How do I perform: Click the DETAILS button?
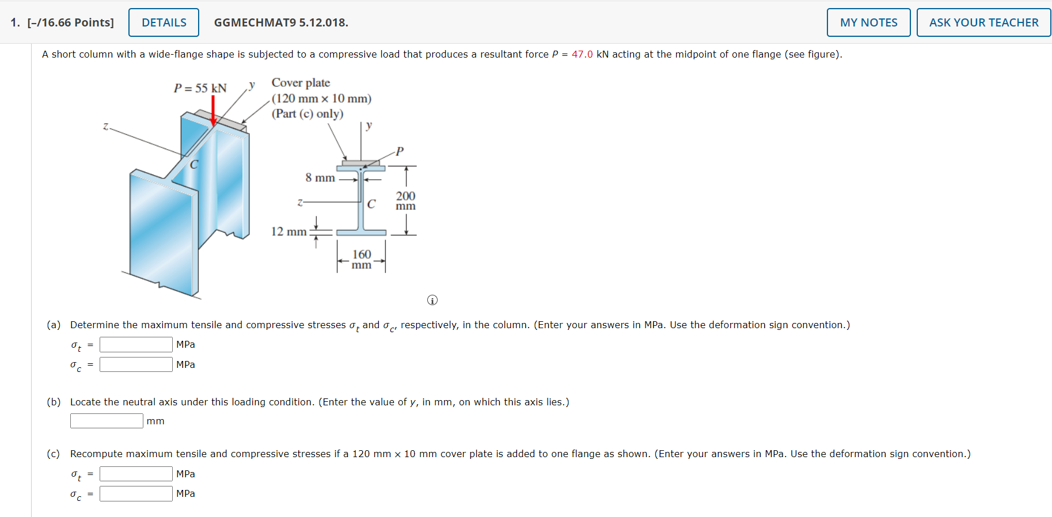pos(164,22)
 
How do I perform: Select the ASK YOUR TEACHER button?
pos(983,22)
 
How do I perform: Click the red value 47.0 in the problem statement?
pos(582,54)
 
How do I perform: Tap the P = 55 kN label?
pos(200,88)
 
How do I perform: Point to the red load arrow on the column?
pos(213,110)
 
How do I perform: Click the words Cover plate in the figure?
pos(301,83)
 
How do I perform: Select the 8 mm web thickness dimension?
pos(320,178)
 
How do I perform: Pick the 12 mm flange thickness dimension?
pos(289,231)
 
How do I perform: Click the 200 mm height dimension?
pos(405,200)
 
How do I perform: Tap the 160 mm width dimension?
pos(362,259)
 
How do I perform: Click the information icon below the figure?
pos(432,300)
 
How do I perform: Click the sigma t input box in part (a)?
pos(136,344)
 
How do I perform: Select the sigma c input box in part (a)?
pos(136,364)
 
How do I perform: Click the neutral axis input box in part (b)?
pos(107,421)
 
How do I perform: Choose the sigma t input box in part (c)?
pos(136,474)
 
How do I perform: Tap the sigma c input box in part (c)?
pos(136,493)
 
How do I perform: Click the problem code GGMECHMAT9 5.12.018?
pos(281,22)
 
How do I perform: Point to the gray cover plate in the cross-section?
pos(361,163)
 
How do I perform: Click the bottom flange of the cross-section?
pos(361,233)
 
